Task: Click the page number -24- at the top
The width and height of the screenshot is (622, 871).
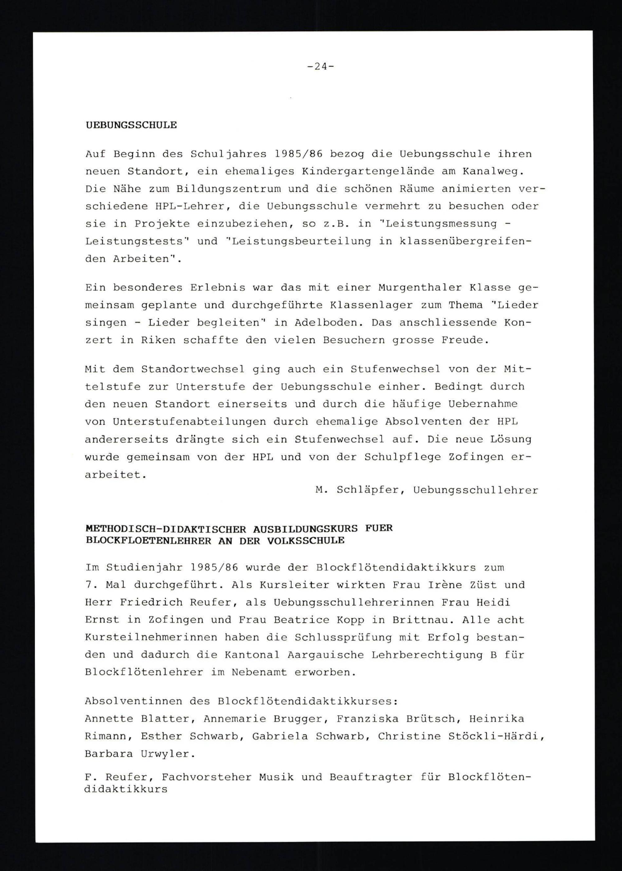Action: click(x=320, y=67)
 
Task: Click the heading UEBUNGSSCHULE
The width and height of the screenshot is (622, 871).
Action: click(x=131, y=125)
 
